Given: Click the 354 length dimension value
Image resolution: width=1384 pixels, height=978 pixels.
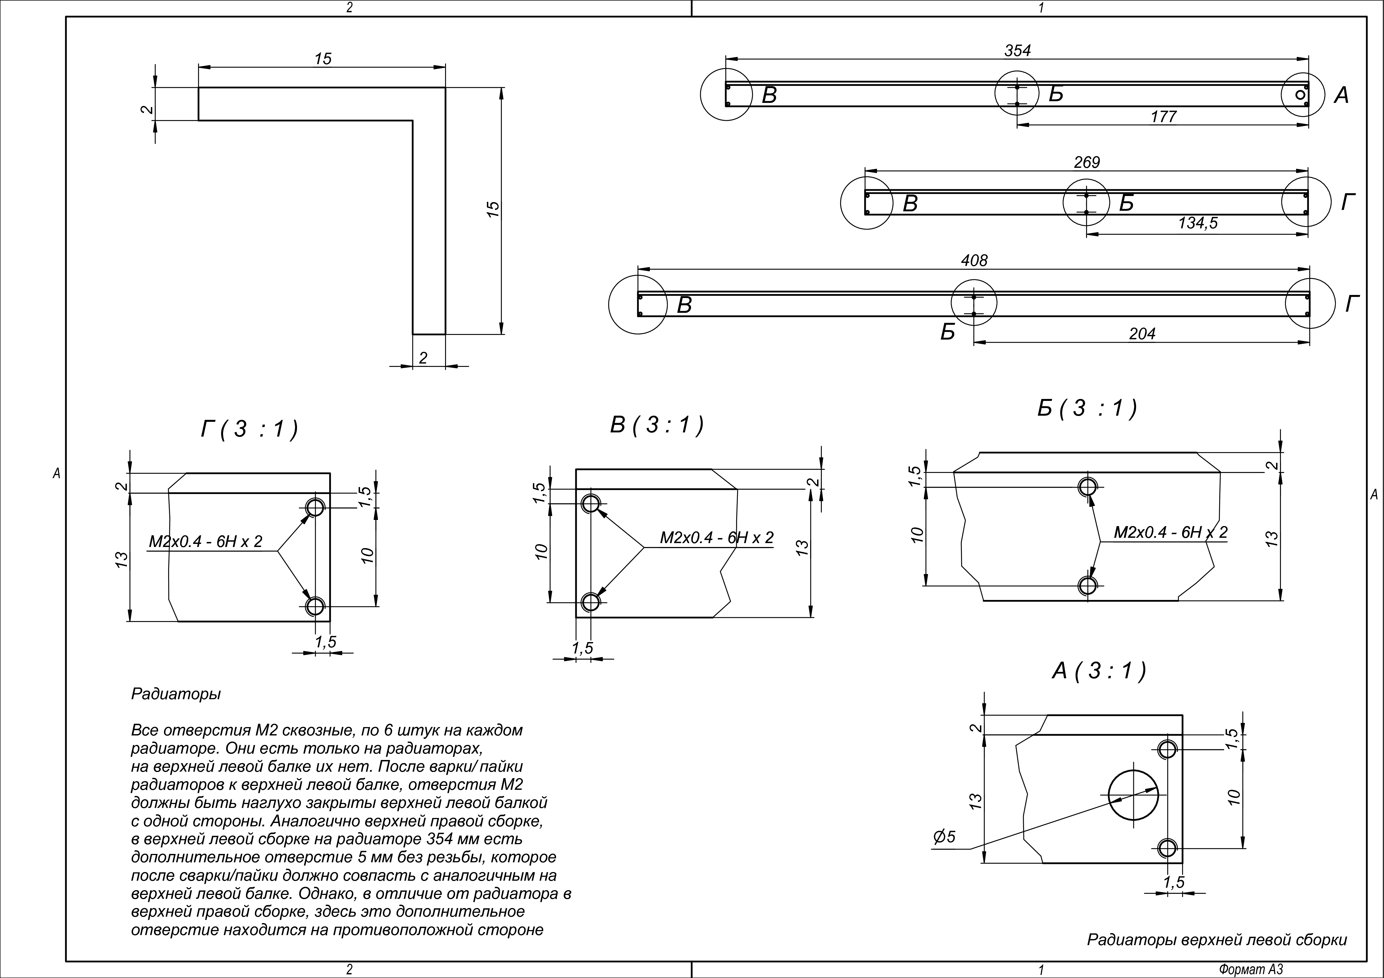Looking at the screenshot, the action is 1018,51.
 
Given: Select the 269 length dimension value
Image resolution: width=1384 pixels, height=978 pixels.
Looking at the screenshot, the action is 1087,163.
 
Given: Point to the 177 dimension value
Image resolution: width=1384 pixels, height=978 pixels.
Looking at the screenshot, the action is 1163,117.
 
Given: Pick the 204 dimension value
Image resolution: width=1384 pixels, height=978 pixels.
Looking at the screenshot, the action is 1142,334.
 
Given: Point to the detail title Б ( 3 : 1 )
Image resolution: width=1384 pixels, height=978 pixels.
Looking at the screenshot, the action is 1087,408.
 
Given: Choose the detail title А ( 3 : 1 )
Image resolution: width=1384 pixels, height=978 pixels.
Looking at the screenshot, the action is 1099,671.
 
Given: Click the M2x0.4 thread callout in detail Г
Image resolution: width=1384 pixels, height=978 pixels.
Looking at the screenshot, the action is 206,542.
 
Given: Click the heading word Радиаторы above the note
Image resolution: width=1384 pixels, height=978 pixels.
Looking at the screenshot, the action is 176,694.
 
